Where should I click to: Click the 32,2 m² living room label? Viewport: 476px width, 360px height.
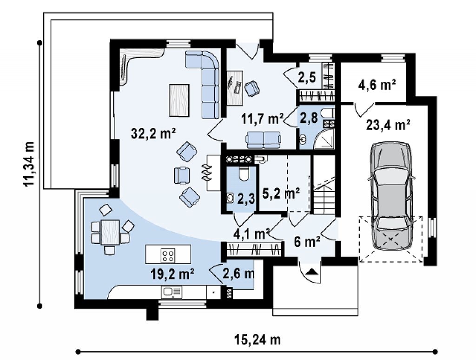pos(153,133)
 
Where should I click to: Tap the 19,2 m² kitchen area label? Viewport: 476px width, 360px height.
pos(172,274)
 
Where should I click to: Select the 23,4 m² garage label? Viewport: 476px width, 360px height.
pos(388,125)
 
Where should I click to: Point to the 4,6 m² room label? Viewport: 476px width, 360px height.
pos(377,85)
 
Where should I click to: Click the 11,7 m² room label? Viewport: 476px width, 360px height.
pos(263,119)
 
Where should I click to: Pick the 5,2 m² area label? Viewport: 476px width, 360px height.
pos(281,193)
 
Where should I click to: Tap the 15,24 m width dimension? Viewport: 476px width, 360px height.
pos(258,340)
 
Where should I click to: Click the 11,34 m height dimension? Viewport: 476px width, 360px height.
pos(29,164)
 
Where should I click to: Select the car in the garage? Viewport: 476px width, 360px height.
pos(390,195)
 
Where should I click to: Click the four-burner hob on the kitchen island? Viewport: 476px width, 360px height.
pos(168,255)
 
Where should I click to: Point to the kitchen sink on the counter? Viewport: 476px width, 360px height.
pos(172,292)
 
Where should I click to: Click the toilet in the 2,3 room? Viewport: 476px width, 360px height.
pos(244,173)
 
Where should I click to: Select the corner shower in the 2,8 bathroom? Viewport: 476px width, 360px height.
pos(324,139)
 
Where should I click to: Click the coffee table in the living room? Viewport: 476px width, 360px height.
pos(179,100)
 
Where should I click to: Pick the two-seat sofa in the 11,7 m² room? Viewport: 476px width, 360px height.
pos(264,140)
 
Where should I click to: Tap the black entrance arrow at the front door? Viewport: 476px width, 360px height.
pos(310,272)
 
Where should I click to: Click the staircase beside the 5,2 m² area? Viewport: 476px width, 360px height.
pos(324,185)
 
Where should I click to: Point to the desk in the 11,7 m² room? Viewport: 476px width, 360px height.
pos(235,88)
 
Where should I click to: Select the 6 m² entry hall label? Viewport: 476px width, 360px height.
pos(307,242)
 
